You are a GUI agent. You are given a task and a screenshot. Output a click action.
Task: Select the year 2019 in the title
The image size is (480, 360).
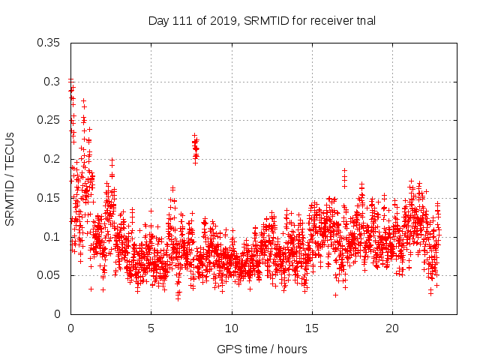[x=217, y=21]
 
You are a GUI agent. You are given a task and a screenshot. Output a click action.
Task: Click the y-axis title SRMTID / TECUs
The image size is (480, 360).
[x=10, y=178]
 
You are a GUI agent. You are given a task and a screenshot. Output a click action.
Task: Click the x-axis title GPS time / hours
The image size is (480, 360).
[x=262, y=349]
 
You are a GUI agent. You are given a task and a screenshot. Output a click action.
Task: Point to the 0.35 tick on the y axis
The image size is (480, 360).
[x=49, y=42]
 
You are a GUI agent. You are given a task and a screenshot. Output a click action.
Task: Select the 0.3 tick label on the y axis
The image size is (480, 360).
[x=52, y=81]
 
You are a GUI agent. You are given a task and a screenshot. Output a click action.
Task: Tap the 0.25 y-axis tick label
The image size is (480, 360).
[x=49, y=120]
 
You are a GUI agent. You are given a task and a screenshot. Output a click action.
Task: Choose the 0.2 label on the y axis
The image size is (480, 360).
[x=52, y=159]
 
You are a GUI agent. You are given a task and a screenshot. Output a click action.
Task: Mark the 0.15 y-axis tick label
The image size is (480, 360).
[x=49, y=198]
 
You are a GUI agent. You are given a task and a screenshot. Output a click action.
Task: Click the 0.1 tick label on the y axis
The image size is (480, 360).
[x=52, y=237]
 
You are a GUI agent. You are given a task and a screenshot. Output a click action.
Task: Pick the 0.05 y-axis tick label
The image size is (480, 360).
[x=49, y=275]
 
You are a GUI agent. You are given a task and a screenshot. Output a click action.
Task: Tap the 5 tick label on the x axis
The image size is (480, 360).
[x=151, y=328]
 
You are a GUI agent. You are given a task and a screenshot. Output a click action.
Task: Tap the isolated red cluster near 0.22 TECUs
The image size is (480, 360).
[x=195, y=148]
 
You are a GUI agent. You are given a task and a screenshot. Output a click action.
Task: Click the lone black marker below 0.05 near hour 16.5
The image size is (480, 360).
[x=335, y=295]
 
